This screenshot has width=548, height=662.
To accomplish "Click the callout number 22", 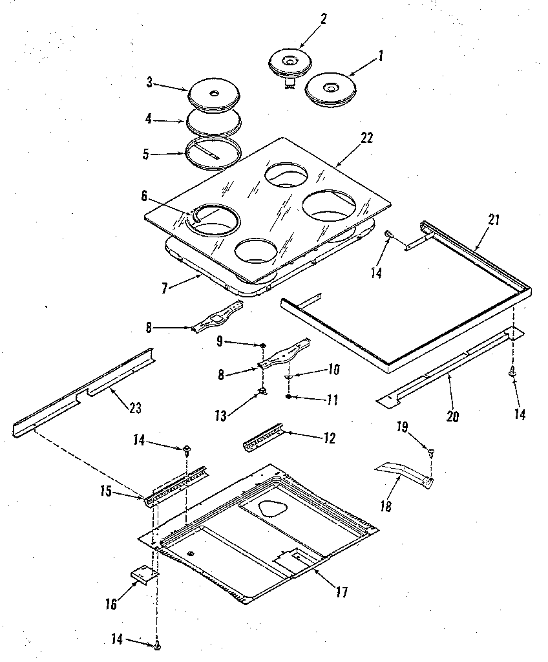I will [x=366, y=138].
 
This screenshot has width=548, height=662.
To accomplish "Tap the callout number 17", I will [x=341, y=592].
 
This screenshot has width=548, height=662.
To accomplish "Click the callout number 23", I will [x=136, y=408].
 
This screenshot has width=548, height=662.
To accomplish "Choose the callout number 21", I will [x=494, y=220].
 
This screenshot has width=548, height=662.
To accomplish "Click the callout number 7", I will [x=164, y=288].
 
